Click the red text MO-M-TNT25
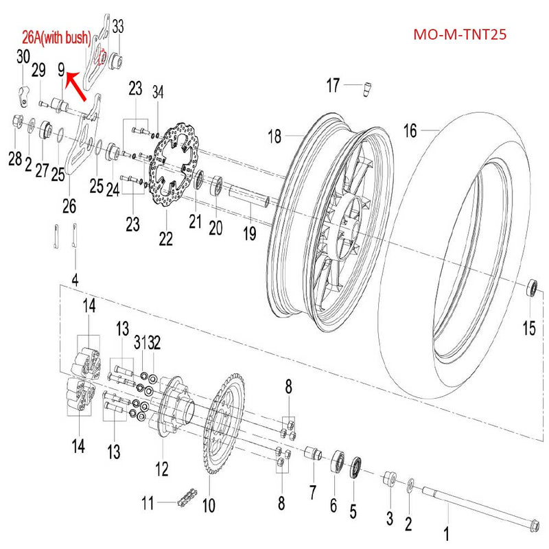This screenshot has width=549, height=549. (x=460, y=34)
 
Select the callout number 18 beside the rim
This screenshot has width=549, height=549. (x=274, y=137)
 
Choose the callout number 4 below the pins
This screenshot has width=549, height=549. (x=75, y=280)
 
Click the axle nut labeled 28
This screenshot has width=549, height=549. (x=16, y=124)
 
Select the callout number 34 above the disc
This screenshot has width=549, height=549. (x=159, y=91)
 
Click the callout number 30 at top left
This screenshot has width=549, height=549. (x=23, y=56)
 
